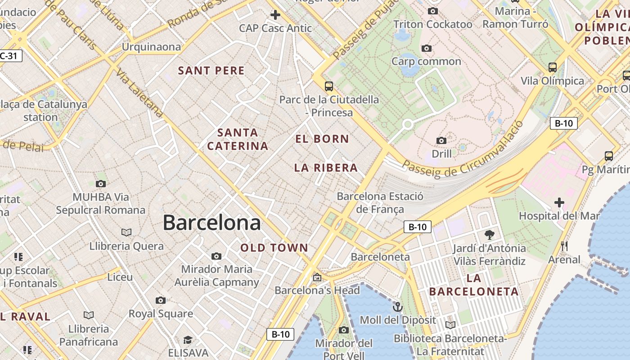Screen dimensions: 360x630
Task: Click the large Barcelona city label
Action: (211, 223)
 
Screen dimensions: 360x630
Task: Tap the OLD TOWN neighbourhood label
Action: (274, 247)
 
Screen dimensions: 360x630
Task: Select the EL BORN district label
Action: (322, 139)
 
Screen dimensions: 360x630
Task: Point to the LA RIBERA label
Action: (326, 168)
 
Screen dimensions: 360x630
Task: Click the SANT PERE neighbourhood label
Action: (211, 71)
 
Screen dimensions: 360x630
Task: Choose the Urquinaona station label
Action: (151, 47)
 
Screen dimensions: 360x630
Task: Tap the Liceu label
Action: (120, 277)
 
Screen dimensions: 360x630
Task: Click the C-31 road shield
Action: (10, 56)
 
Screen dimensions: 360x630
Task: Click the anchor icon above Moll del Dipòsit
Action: (397, 307)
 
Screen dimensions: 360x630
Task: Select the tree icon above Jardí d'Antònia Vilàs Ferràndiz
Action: (490, 234)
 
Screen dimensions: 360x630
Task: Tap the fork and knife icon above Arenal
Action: (564, 246)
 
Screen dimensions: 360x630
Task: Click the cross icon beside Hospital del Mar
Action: (559, 202)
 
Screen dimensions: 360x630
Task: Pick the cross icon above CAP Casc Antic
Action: (275, 15)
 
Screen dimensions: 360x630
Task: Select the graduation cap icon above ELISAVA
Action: (188, 340)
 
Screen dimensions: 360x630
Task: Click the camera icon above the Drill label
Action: (441, 141)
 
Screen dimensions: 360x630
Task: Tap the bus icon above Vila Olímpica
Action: (553, 67)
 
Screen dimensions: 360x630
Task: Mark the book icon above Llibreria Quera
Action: (126, 232)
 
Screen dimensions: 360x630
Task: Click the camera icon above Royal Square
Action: (161, 300)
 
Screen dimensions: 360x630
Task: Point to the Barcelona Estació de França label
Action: (380, 202)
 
